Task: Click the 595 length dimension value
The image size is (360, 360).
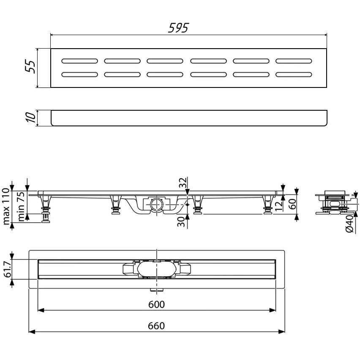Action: click(178, 28)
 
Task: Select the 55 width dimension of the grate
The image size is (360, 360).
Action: click(30, 67)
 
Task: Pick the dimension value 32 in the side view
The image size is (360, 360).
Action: click(182, 183)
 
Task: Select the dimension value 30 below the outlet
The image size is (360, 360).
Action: click(182, 221)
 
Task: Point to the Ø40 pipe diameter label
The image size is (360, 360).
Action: click(349, 223)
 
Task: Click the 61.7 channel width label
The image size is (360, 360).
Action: click(7, 269)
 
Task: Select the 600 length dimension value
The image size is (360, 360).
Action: click(156, 304)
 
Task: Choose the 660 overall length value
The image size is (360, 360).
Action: click(156, 326)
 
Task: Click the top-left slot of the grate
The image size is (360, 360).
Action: click(79, 61)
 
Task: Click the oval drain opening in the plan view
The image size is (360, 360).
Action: click(156, 269)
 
